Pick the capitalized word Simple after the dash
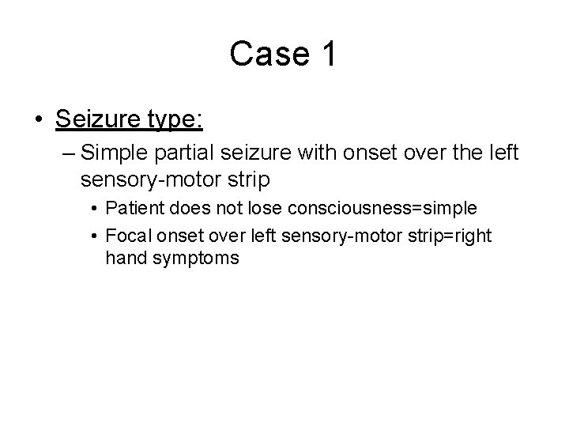tap(116, 152)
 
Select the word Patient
tap(131, 209)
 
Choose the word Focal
tap(126, 236)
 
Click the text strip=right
tap(442, 236)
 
